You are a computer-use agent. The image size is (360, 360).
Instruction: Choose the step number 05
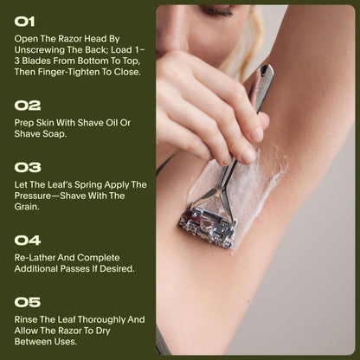pyautogui.click(x=28, y=303)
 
